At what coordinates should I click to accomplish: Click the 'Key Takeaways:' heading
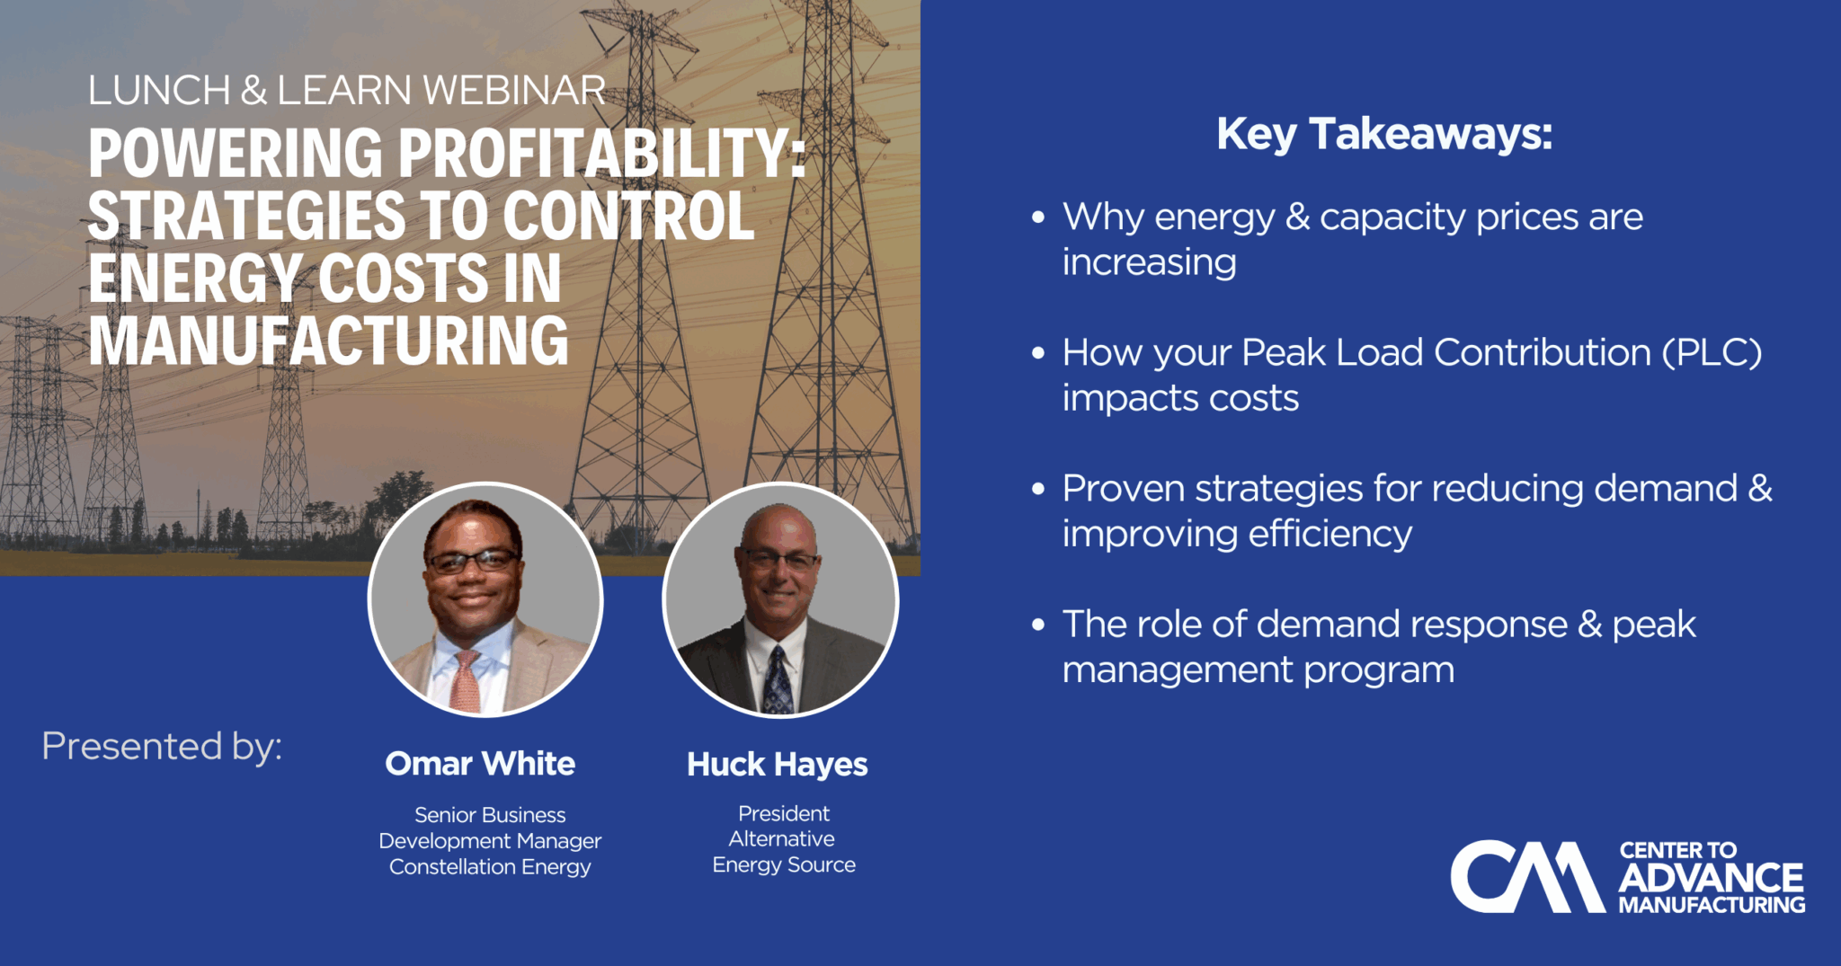click(x=1384, y=135)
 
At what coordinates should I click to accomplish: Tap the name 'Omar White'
click(x=480, y=764)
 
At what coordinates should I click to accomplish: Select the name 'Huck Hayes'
click(x=778, y=765)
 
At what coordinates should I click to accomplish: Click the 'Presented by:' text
click(x=162, y=747)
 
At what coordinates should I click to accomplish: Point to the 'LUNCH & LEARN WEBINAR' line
click(x=347, y=91)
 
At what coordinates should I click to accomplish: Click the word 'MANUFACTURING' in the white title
click(x=329, y=341)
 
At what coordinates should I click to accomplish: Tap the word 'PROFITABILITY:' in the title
click(x=601, y=152)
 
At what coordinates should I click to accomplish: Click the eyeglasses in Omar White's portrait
click(x=471, y=562)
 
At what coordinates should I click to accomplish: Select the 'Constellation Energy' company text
click(x=490, y=867)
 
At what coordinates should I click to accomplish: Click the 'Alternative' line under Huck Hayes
click(x=782, y=838)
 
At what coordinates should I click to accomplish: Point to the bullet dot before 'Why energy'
click(x=1038, y=217)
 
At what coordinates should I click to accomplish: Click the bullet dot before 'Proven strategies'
click(x=1038, y=489)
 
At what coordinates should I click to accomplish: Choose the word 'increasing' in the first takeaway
click(x=1150, y=262)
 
